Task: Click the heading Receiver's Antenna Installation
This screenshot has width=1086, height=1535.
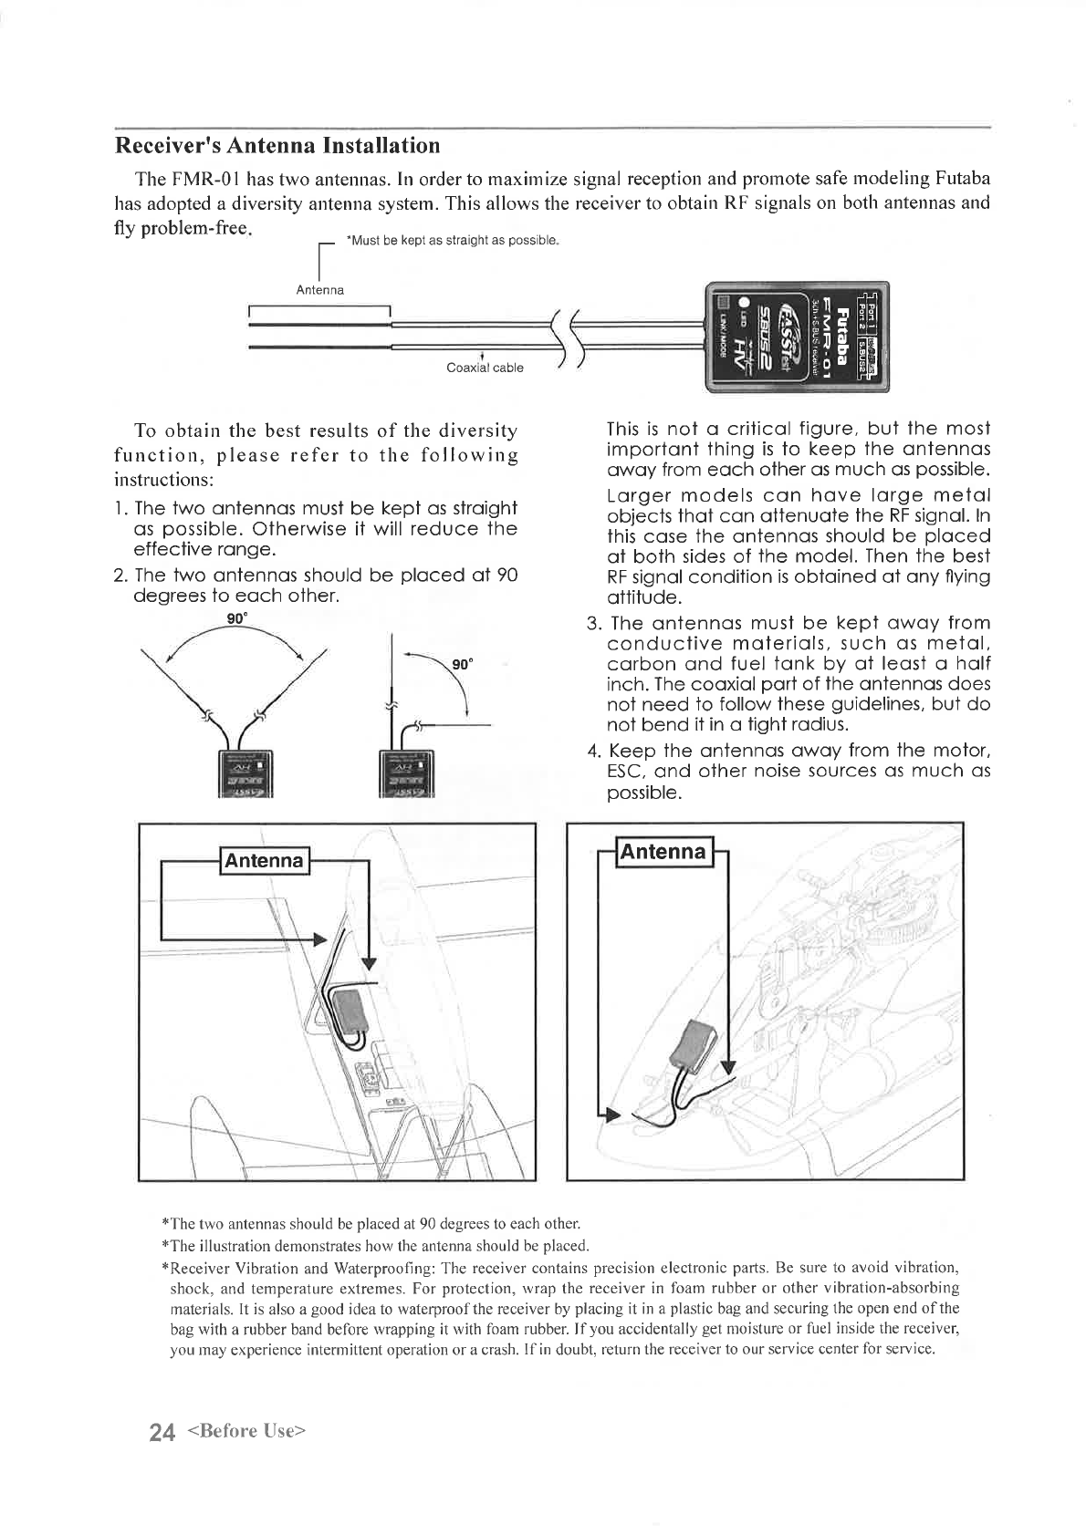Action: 277,146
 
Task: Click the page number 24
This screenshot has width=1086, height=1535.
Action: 162,1432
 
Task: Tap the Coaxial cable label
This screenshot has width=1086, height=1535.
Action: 485,368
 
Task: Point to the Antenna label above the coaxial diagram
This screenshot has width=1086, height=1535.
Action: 320,290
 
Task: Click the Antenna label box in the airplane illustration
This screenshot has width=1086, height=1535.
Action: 264,861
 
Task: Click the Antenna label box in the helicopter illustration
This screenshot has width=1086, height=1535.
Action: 663,852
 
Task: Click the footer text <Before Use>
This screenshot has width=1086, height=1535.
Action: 245,1431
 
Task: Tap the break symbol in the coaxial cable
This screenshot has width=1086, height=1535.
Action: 567,337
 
